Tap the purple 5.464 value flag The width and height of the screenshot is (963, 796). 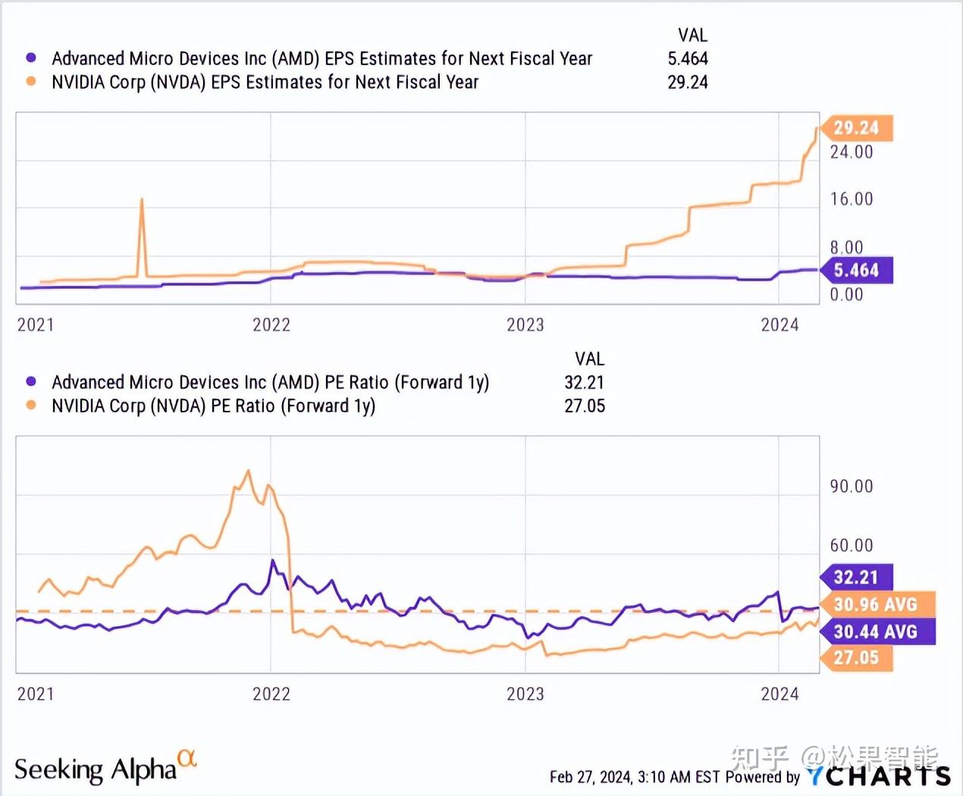[x=857, y=271]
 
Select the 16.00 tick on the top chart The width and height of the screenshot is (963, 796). [x=851, y=199]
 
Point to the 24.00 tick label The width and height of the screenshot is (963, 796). [x=851, y=152]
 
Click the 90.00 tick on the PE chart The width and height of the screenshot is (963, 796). [x=851, y=486]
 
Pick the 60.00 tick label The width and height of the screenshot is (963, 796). [x=851, y=545]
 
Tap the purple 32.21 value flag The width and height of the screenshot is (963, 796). [x=857, y=578]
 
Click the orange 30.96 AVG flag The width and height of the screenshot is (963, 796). [x=877, y=605]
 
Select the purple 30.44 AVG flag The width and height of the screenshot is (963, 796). [x=877, y=631]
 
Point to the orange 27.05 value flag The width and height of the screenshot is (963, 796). [x=857, y=658]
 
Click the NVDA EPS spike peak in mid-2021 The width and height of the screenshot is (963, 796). [x=141, y=200]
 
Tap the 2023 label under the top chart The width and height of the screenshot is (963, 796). [x=525, y=325]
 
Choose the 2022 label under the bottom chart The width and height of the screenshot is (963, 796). [x=271, y=694]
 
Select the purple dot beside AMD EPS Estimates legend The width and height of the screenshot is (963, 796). [x=31, y=58]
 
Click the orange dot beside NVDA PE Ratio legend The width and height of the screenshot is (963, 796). [x=31, y=405]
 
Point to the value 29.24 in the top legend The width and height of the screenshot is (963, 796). [x=687, y=82]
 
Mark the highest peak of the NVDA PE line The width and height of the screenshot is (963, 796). [x=247, y=471]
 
